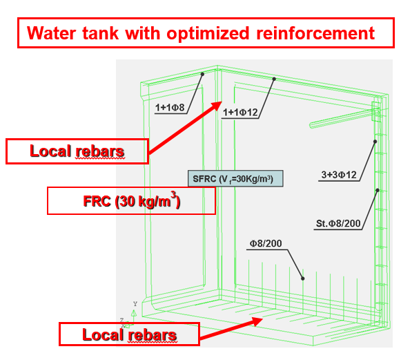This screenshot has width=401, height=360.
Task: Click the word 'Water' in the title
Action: (x=51, y=33)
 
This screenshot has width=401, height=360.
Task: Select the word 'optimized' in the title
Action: (x=208, y=34)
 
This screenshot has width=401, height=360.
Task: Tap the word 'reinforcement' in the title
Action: (x=315, y=33)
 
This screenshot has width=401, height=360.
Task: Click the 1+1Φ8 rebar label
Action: (x=170, y=108)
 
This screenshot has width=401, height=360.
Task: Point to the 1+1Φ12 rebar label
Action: (x=240, y=113)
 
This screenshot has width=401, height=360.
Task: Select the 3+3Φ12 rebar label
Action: (x=339, y=175)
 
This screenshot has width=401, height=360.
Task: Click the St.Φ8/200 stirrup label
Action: (x=338, y=223)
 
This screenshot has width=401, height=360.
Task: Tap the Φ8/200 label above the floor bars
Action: (x=266, y=243)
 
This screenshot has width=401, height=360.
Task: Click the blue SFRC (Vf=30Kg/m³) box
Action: (x=235, y=178)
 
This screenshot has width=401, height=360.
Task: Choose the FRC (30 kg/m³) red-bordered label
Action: (x=131, y=201)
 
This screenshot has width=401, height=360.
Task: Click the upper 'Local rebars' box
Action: (x=77, y=151)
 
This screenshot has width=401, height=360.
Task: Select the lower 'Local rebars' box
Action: (x=129, y=334)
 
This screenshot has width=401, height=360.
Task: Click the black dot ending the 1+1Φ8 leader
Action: (x=202, y=74)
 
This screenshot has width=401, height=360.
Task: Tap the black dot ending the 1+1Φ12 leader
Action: (x=274, y=79)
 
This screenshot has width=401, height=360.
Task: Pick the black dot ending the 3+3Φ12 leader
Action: (x=375, y=142)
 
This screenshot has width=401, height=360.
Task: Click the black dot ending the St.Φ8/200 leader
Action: (x=378, y=190)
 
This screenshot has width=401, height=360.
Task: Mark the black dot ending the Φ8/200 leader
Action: (x=303, y=278)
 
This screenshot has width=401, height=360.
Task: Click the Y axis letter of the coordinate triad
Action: (x=135, y=304)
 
